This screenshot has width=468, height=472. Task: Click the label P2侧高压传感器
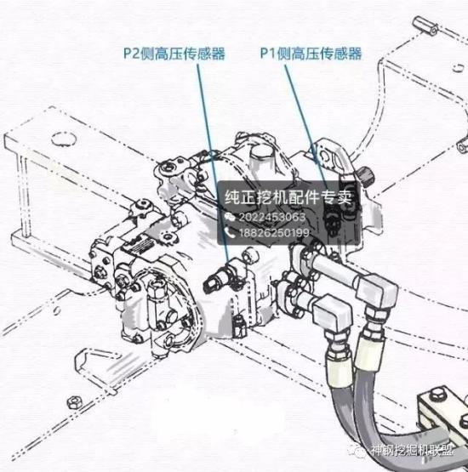(174, 54)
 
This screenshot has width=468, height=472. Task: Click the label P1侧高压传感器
(311, 54)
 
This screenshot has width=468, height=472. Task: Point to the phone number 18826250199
(274, 233)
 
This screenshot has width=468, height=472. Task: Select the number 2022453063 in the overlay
(272, 217)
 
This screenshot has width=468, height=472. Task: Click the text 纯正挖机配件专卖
(288, 196)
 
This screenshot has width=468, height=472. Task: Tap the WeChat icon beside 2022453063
(230, 217)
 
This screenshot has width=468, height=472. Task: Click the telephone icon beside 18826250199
(230, 233)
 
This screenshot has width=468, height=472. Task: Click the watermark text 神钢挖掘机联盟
(412, 451)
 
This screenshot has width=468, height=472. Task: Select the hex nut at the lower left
(74, 402)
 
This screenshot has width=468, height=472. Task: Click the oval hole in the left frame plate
(64, 139)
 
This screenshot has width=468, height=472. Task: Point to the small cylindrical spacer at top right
(425, 26)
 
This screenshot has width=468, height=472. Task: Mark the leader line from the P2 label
(214, 162)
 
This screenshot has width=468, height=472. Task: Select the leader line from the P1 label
(306, 126)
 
